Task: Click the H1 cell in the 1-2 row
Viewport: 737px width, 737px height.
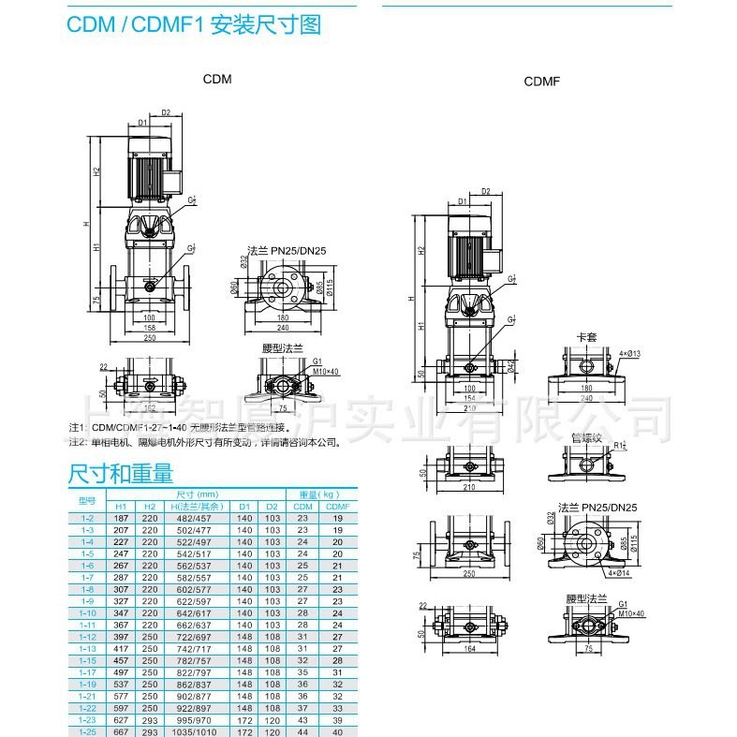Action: (x=122, y=518)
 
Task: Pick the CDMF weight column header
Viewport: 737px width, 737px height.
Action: (x=338, y=507)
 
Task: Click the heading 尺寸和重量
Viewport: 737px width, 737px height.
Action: (x=121, y=474)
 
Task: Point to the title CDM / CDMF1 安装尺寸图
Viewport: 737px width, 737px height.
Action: (x=194, y=23)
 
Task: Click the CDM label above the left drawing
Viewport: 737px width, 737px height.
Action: (x=217, y=80)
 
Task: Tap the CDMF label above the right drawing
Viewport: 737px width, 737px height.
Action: (x=541, y=81)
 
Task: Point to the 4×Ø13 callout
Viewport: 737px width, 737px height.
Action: (x=630, y=354)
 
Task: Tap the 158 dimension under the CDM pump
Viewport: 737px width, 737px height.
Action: (x=149, y=329)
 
